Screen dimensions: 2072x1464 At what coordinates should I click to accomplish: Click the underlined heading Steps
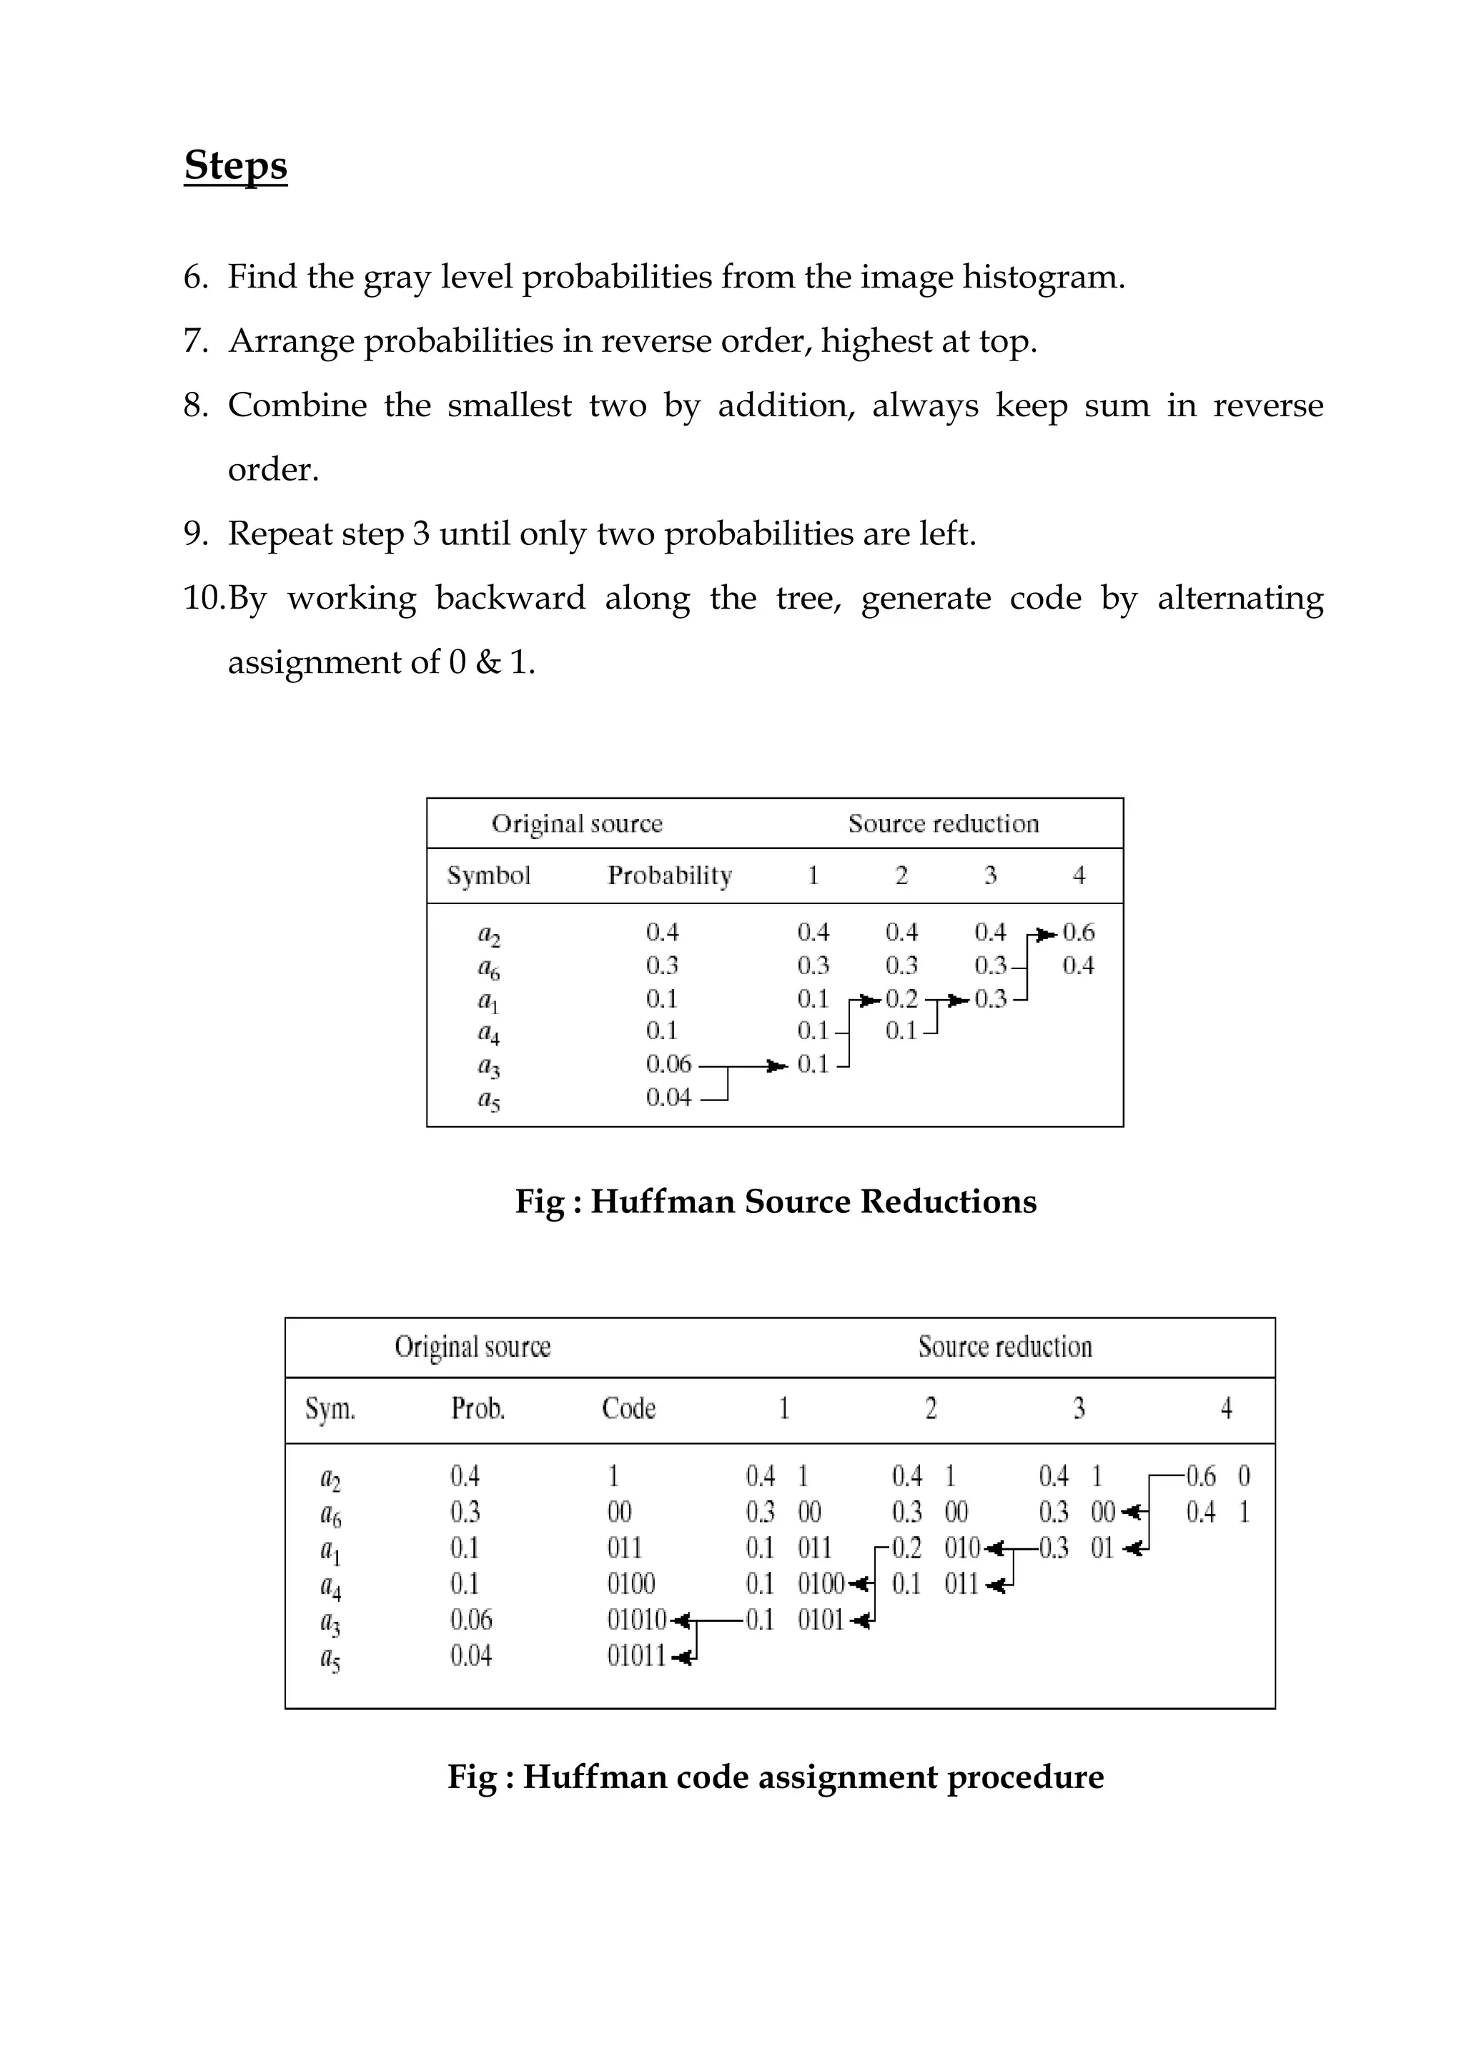coord(235,166)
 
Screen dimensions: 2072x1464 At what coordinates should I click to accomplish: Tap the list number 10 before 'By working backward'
coord(204,599)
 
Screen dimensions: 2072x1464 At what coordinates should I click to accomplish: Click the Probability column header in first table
coord(669,875)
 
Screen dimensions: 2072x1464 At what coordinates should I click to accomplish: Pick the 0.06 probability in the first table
coord(668,1065)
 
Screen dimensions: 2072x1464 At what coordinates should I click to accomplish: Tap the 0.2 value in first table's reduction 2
coord(901,999)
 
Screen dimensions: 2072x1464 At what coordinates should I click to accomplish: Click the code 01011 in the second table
coord(636,1656)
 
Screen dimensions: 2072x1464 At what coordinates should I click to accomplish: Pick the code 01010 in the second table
coord(636,1620)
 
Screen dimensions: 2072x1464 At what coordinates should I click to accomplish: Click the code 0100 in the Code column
coord(630,1584)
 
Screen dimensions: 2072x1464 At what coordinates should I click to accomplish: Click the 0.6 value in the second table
coord(1201,1476)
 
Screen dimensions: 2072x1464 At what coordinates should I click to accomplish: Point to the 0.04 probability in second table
coord(471,1656)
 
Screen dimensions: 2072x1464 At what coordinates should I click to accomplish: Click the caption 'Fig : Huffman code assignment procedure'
coord(776,1777)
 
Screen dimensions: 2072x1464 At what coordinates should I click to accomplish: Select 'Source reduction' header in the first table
coord(943,824)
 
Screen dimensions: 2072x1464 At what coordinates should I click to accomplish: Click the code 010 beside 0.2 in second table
coord(961,1548)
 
